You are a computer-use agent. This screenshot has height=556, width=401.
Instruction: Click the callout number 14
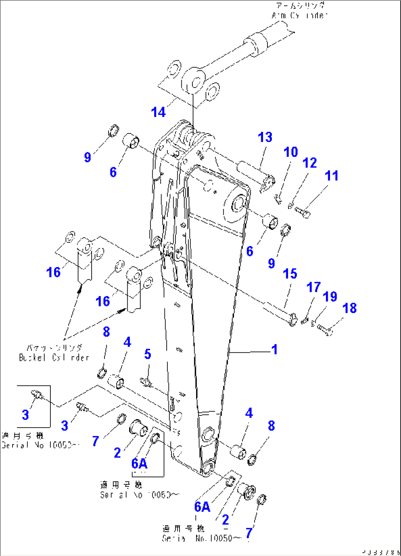(158, 112)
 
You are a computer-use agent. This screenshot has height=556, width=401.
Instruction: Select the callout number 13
(265, 138)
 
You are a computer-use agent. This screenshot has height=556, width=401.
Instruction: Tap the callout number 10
(291, 152)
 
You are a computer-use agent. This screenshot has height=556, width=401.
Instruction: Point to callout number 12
(309, 163)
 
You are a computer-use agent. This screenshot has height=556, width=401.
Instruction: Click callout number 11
(331, 176)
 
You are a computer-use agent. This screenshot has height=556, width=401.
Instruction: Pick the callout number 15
(290, 274)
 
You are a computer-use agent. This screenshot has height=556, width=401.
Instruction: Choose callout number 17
(313, 287)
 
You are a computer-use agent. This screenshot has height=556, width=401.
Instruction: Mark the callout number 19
(330, 297)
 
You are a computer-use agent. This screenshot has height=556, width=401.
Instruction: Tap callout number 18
(349, 308)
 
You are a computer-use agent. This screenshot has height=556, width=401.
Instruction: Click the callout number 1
(274, 349)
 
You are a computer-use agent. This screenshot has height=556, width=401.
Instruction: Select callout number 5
(147, 354)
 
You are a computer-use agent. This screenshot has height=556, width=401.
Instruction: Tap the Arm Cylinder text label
(299, 11)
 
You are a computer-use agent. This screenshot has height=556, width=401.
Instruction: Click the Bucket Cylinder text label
(54, 353)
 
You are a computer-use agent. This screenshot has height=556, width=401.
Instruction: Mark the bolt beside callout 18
(325, 328)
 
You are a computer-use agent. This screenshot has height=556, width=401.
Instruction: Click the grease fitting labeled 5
(146, 382)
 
